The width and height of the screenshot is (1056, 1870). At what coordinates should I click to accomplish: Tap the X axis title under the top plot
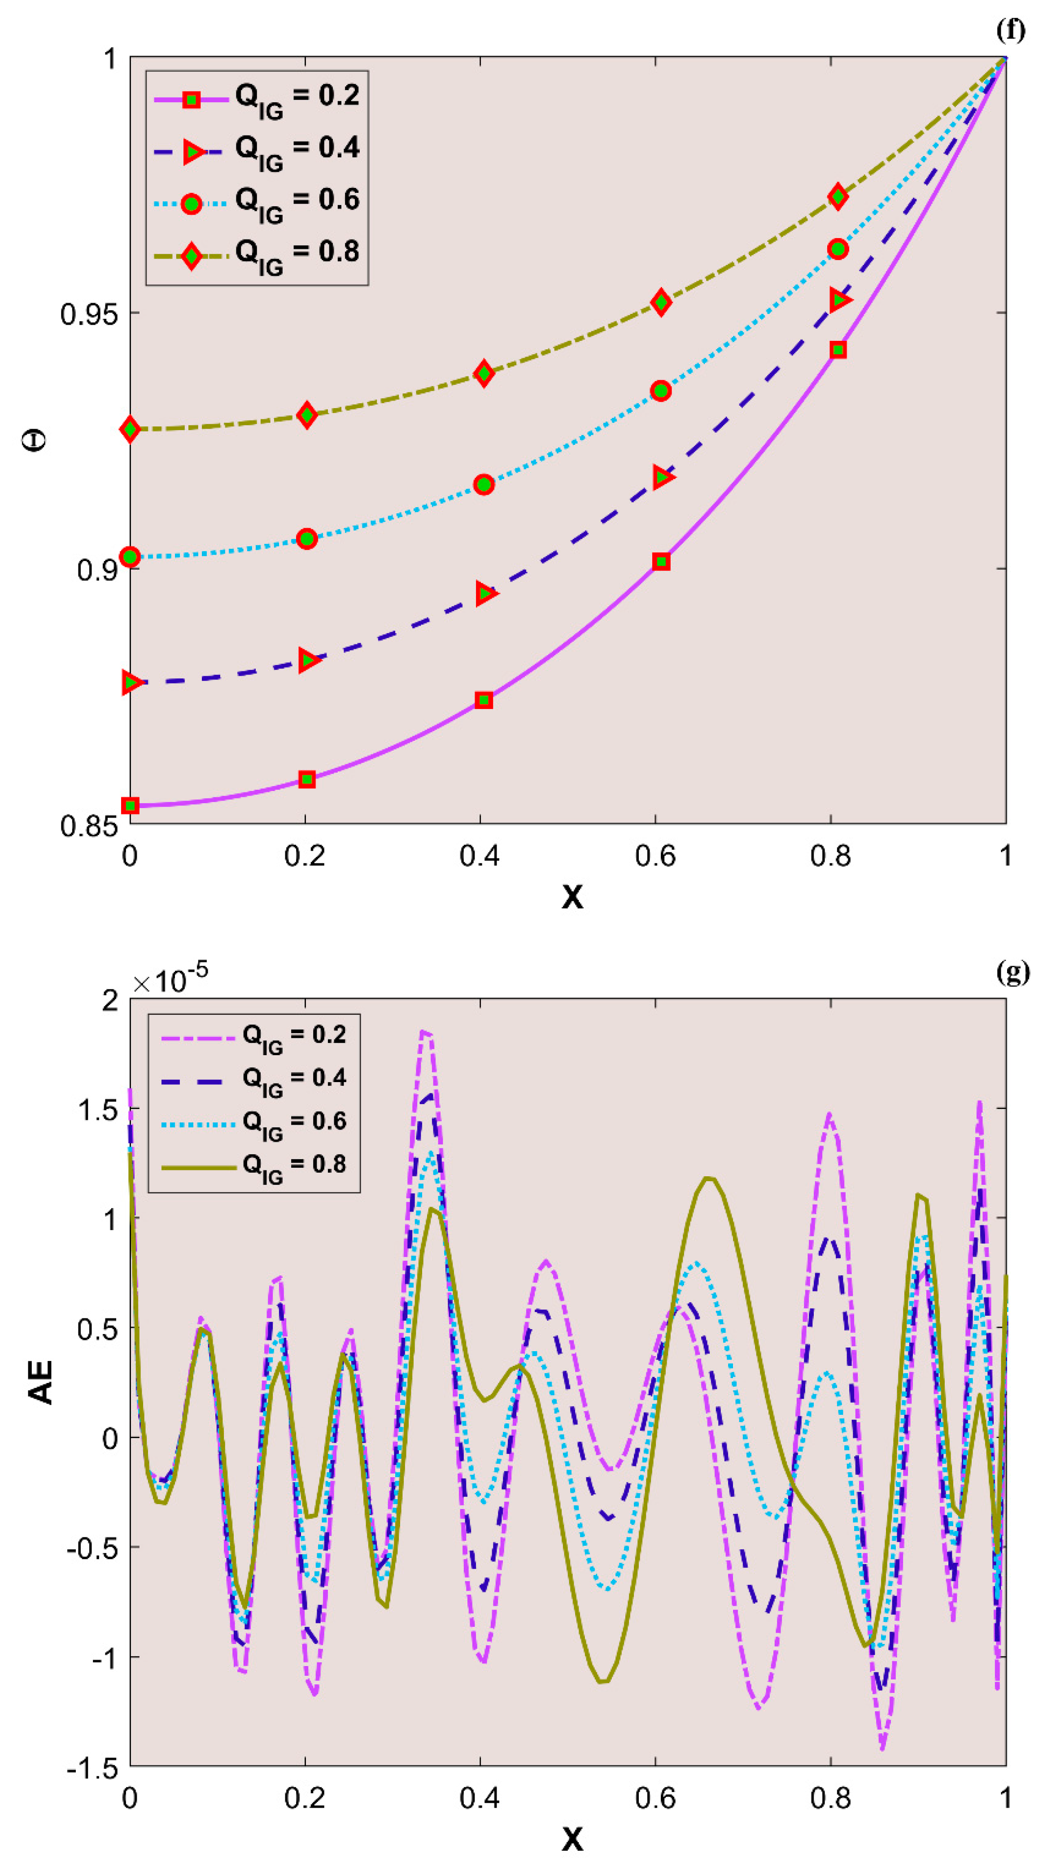572,897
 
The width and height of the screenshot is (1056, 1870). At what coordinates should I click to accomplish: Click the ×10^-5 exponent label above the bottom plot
170,979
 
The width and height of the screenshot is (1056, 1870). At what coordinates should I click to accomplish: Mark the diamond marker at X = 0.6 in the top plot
660,302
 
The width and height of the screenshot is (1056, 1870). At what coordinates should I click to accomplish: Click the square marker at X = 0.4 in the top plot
484,700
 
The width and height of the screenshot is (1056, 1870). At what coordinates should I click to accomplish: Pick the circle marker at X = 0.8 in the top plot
838,249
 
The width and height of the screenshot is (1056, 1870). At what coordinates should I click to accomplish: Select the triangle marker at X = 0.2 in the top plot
308,660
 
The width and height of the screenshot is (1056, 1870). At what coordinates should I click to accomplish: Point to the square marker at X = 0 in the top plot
131,805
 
